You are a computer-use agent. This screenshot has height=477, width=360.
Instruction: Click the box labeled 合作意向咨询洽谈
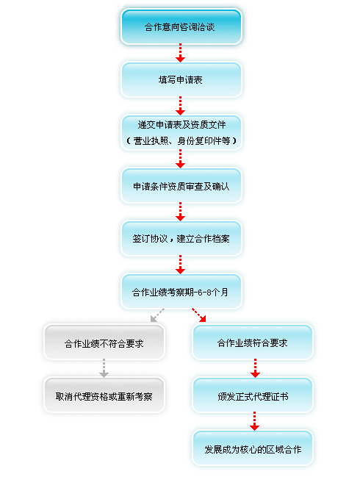click(181, 26)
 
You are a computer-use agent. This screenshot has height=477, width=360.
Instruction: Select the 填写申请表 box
click(181, 79)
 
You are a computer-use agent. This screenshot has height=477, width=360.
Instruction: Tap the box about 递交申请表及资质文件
click(181, 132)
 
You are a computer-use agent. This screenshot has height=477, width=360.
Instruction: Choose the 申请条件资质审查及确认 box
click(181, 185)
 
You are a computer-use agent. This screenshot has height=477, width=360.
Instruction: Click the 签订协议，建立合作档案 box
click(181, 238)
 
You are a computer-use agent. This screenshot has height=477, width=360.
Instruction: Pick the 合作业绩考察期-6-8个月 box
click(181, 292)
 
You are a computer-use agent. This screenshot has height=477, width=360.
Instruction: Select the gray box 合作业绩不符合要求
click(104, 342)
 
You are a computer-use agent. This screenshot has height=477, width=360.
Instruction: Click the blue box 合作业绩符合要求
click(252, 342)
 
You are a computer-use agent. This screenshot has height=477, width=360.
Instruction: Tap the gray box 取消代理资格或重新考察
click(104, 395)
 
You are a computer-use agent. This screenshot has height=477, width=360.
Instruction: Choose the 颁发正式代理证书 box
click(252, 395)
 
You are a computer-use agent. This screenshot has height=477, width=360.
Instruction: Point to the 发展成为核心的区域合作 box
click(252, 448)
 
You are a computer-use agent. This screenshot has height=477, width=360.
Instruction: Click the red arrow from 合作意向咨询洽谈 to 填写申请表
click(180, 53)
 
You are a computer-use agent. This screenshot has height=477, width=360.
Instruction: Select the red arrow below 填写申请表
click(180, 106)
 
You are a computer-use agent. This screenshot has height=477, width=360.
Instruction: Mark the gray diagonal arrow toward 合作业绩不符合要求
click(157, 315)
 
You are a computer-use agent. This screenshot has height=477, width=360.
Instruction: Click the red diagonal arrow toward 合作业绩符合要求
click(199, 315)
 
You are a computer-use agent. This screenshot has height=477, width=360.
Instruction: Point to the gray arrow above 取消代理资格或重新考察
click(104, 368)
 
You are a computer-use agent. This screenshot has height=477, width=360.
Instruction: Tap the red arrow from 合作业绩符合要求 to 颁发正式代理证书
click(255, 368)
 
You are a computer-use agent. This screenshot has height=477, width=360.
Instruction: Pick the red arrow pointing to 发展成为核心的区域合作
click(254, 421)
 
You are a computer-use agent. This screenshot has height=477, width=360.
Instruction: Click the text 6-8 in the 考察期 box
click(204, 293)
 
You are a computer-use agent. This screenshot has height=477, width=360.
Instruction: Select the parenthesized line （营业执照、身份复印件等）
click(181, 141)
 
